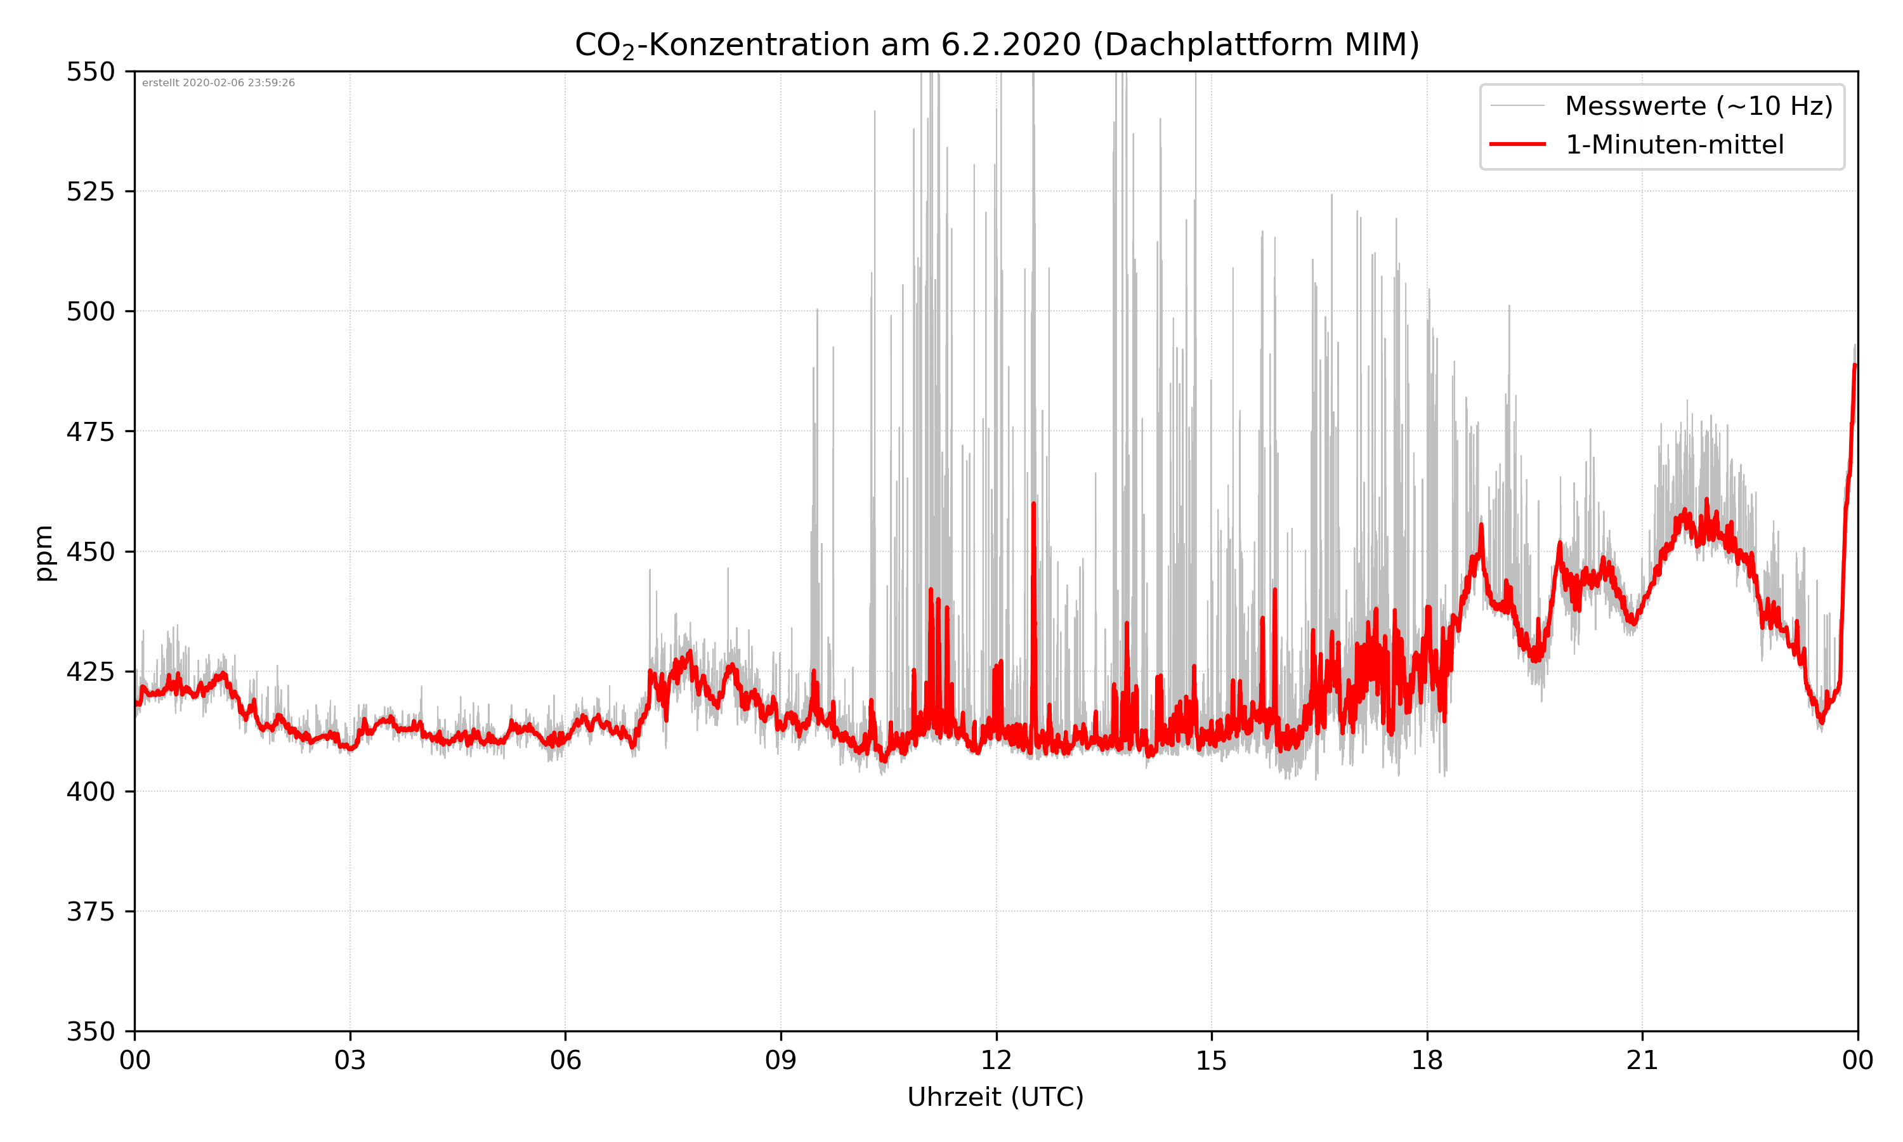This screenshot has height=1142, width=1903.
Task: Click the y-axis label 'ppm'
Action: coord(44,553)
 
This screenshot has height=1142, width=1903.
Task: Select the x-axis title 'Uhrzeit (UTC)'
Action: coord(995,1096)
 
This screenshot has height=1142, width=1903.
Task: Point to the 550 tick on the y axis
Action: coord(90,72)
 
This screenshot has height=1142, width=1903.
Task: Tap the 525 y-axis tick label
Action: coord(90,192)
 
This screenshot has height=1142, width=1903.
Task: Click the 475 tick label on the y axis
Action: coord(90,431)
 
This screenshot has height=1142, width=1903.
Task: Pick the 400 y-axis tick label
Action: coord(90,792)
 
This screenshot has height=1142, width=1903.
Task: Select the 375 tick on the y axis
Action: coord(90,912)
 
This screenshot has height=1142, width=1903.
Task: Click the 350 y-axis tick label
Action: coord(90,1032)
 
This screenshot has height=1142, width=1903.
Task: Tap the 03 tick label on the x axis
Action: coord(350,1060)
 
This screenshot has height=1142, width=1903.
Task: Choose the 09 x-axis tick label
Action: coord(781,1060)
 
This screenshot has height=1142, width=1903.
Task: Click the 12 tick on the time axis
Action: coord(996,1060)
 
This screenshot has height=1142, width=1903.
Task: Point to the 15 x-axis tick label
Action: coord(1212,1060)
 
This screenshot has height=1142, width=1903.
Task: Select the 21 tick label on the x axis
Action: coord(1642,1060)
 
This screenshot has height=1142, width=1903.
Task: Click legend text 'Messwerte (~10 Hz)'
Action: coord(1698,106)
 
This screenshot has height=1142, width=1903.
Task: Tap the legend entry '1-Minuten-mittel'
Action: coord(1675,145)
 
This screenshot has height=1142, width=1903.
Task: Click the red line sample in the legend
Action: coord(1517,144)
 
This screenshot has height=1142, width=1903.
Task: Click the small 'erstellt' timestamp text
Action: coord(218,83)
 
